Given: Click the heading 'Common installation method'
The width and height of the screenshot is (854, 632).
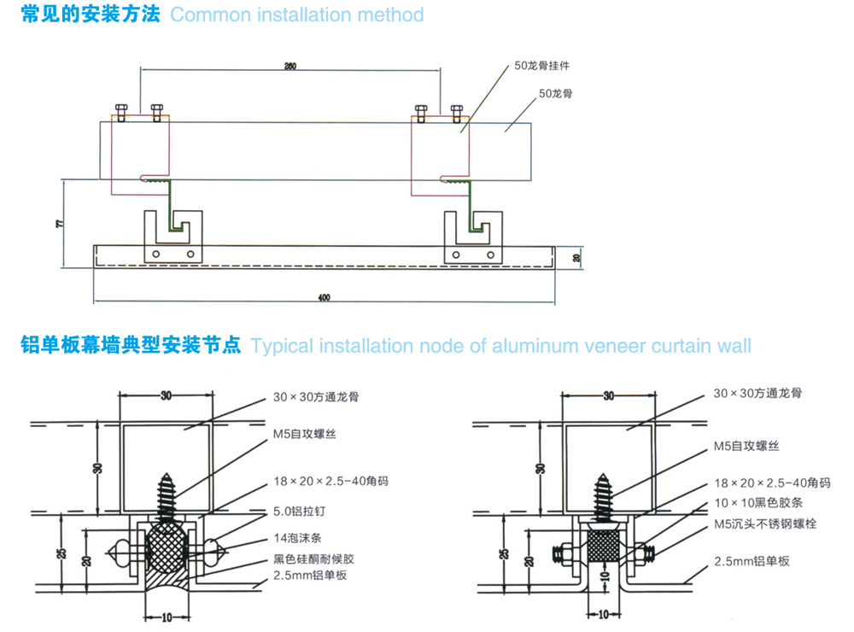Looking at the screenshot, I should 296,15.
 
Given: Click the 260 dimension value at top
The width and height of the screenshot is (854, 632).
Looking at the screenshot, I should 290,67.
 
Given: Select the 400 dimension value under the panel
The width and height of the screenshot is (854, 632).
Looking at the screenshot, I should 324,297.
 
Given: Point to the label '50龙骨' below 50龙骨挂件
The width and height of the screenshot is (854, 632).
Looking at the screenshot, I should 555,93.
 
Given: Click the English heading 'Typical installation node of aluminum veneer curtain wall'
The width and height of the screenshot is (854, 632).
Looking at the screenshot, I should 501,346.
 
